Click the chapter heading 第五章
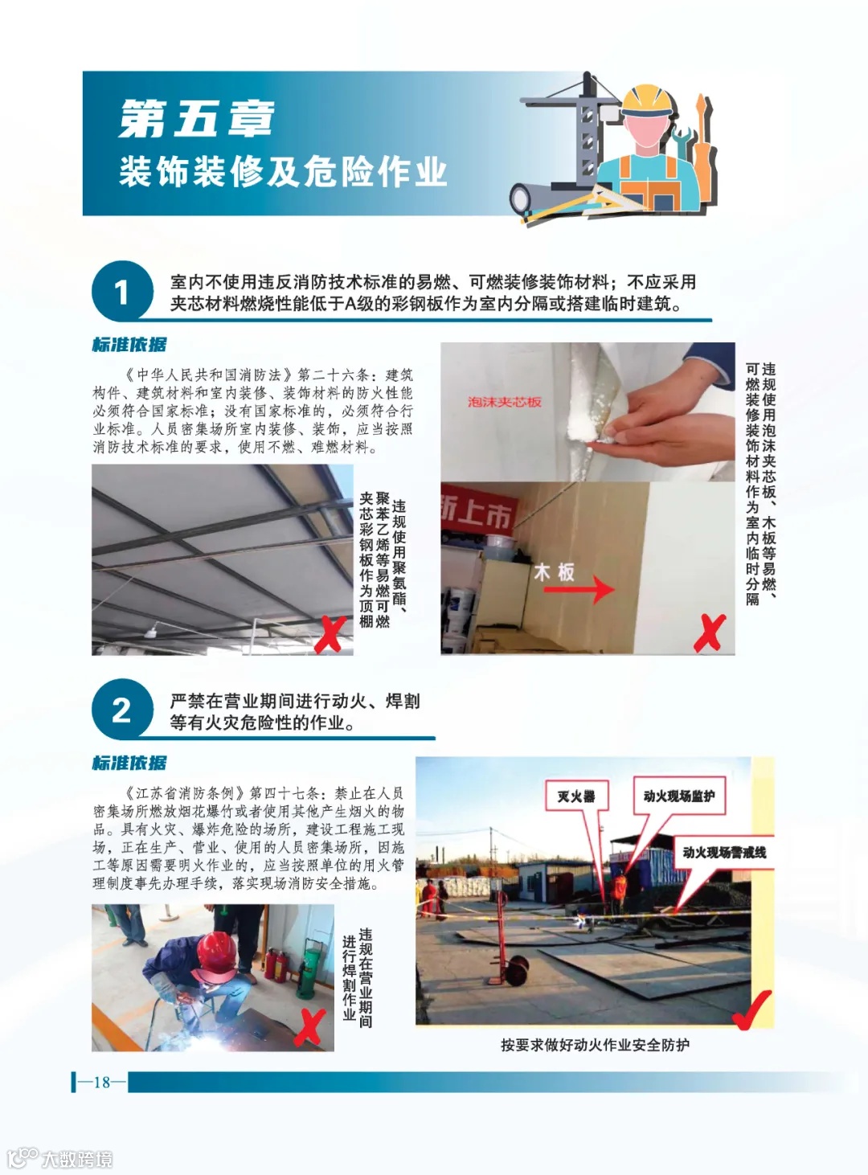coord(196,119)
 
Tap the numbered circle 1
coord(122,292)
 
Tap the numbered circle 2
coord(122,710)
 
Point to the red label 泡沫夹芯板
coord(504,402)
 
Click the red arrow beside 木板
coord(579,589)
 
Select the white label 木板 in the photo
coord(555,572)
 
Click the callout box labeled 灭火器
coord(576,796)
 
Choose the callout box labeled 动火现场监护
coord(679,796)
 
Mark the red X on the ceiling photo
coord(330,634)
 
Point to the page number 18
coord(102,1082)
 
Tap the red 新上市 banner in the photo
coord(477,509)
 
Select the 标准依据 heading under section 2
coord(129,763)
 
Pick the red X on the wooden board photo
coord(710,633)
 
